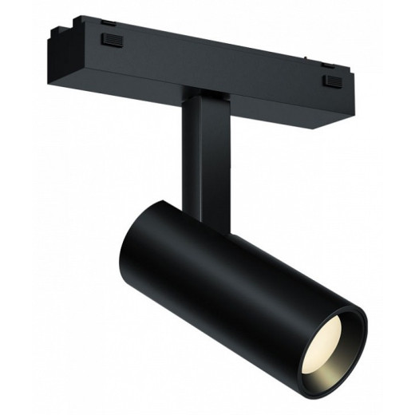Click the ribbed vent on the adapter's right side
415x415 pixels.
328,80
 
